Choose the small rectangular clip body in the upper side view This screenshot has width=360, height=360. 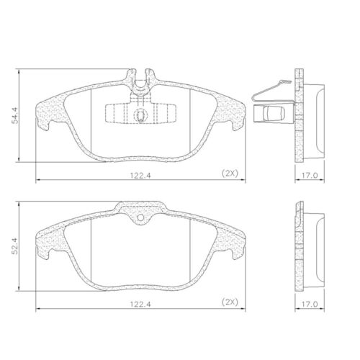click(274, 114)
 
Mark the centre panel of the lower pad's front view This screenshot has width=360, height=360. click(141, 248)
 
